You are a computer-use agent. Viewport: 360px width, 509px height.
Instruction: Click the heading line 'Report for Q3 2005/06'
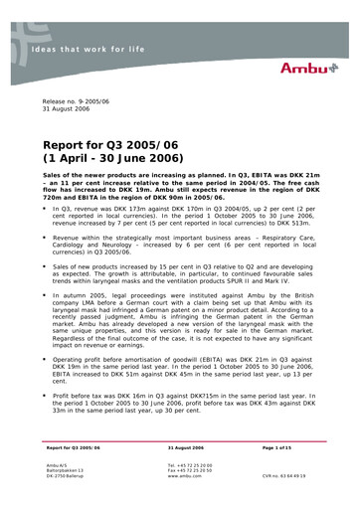pyautogui.click(x=116, y=145)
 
